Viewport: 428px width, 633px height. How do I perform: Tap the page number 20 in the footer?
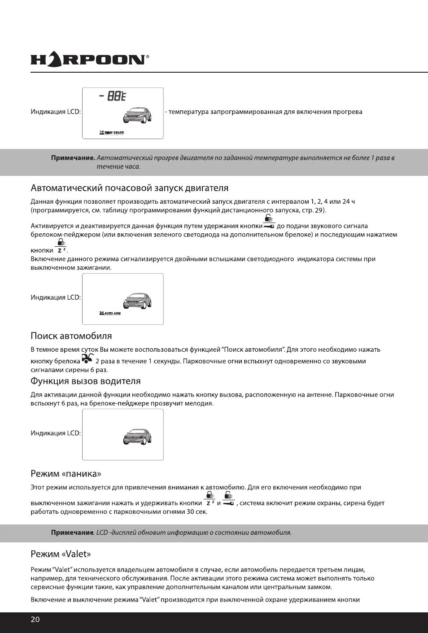35,620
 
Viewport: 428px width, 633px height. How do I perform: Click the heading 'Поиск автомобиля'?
71,336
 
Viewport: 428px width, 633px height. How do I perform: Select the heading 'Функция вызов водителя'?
85,381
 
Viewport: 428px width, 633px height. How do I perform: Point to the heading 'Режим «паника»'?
66,474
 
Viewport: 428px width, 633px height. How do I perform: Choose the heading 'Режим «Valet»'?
61,554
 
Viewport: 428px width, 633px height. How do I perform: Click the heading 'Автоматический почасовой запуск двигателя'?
129,188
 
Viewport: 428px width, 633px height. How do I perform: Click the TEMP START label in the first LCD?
112,133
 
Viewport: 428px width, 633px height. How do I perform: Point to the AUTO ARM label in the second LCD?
110,313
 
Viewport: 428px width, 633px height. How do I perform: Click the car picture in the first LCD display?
137,115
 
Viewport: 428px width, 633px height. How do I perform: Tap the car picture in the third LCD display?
137,437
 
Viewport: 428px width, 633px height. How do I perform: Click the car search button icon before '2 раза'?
87,358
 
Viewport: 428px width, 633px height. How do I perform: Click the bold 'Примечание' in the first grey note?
73,158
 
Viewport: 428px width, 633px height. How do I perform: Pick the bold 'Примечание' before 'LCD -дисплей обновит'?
72,533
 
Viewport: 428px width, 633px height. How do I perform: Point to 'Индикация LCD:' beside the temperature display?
56,112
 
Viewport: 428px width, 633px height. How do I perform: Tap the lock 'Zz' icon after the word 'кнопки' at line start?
61,247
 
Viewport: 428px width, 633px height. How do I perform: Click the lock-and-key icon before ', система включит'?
228,499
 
